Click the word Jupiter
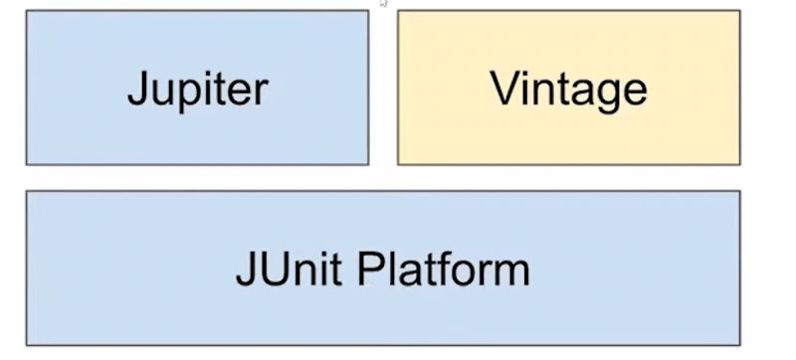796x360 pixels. [x=197, y=90]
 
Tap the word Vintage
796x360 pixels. [x=568, y=90]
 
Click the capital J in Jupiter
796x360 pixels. [x=137, y=90]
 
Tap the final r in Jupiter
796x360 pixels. [x=261, y=91]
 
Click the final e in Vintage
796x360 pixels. [x=636, y=91]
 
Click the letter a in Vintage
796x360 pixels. [x=584, y=91]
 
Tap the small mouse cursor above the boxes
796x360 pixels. [x=383, y=4]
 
